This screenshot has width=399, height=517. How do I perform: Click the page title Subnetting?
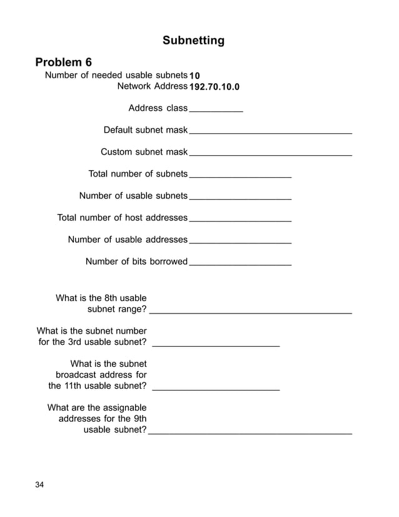pos(193,41)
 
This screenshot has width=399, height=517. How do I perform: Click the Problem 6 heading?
pos(64,62)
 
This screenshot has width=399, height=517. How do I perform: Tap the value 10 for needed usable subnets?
pos(194,76)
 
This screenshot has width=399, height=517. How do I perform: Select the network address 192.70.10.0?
pos(214,86)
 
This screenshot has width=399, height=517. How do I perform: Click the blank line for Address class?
pos(216,110)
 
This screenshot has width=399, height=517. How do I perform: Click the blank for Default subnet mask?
pos(270,132)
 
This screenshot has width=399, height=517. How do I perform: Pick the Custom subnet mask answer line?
pos(270,153)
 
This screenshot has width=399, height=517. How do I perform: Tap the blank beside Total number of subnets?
pos(240,176)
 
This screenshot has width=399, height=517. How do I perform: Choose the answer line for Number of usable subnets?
pos(240,198)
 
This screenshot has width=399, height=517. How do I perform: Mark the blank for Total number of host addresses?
pos(240,220)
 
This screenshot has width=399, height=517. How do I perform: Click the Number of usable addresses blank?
pos(240,242)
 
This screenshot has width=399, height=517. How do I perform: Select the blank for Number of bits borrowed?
pos(240,264)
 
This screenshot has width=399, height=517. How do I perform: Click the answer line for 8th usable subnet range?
pos(251,310)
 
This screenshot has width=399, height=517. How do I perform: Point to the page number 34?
pos(40,485)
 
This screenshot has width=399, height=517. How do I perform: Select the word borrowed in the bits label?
pos(168,262)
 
